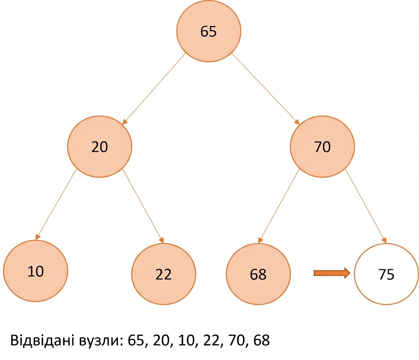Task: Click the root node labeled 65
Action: pos(208,31)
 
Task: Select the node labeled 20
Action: pos(99,147)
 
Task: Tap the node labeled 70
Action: pos(322,147)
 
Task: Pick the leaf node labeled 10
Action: pos(36,271)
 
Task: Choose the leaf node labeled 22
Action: pos(163,274)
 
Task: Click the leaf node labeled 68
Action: pos(258,274)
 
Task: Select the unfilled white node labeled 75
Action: pos(386,274)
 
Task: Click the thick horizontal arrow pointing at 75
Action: pos(332,273)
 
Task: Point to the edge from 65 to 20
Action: pos(154,89)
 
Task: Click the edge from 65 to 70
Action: pos(266,89)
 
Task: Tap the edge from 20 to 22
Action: pos(143,206)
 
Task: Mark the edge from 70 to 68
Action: pos(279,206)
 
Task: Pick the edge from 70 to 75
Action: pos(366,206)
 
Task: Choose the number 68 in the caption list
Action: pos(261,340)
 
